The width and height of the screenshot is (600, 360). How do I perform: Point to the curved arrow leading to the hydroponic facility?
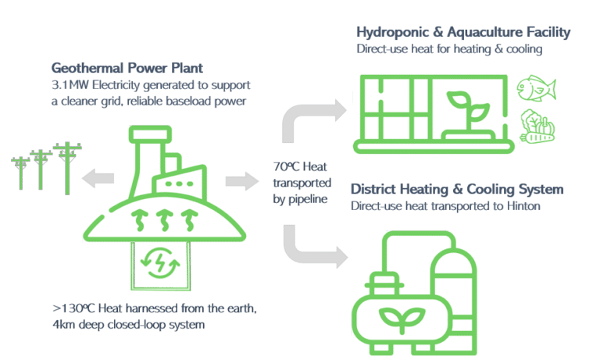(x=309, y=117)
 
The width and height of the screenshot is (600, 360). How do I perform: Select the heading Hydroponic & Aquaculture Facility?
(x=463, y=32)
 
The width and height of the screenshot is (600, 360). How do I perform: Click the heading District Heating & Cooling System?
(x=457, y=190)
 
